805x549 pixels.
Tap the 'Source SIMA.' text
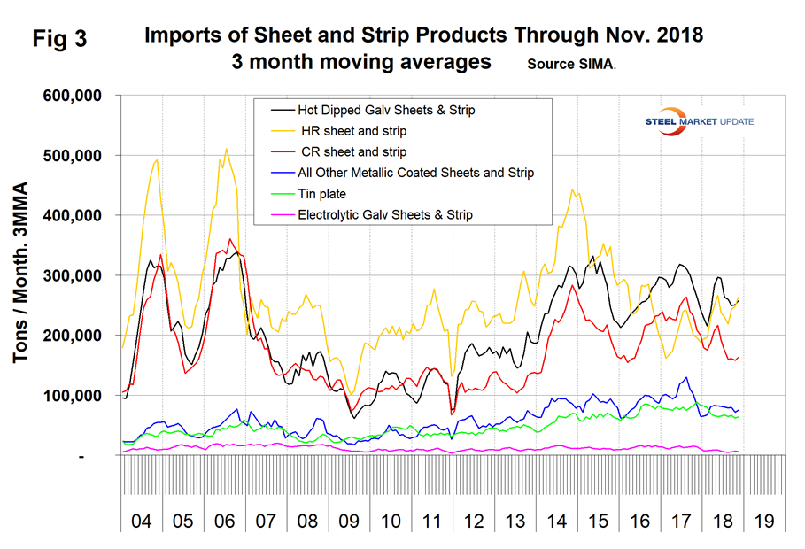click(571, 65)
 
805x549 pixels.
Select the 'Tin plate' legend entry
click(322, 194)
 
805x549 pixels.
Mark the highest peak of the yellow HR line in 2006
click(227, 149)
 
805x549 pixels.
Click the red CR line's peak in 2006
click(231, 238)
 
